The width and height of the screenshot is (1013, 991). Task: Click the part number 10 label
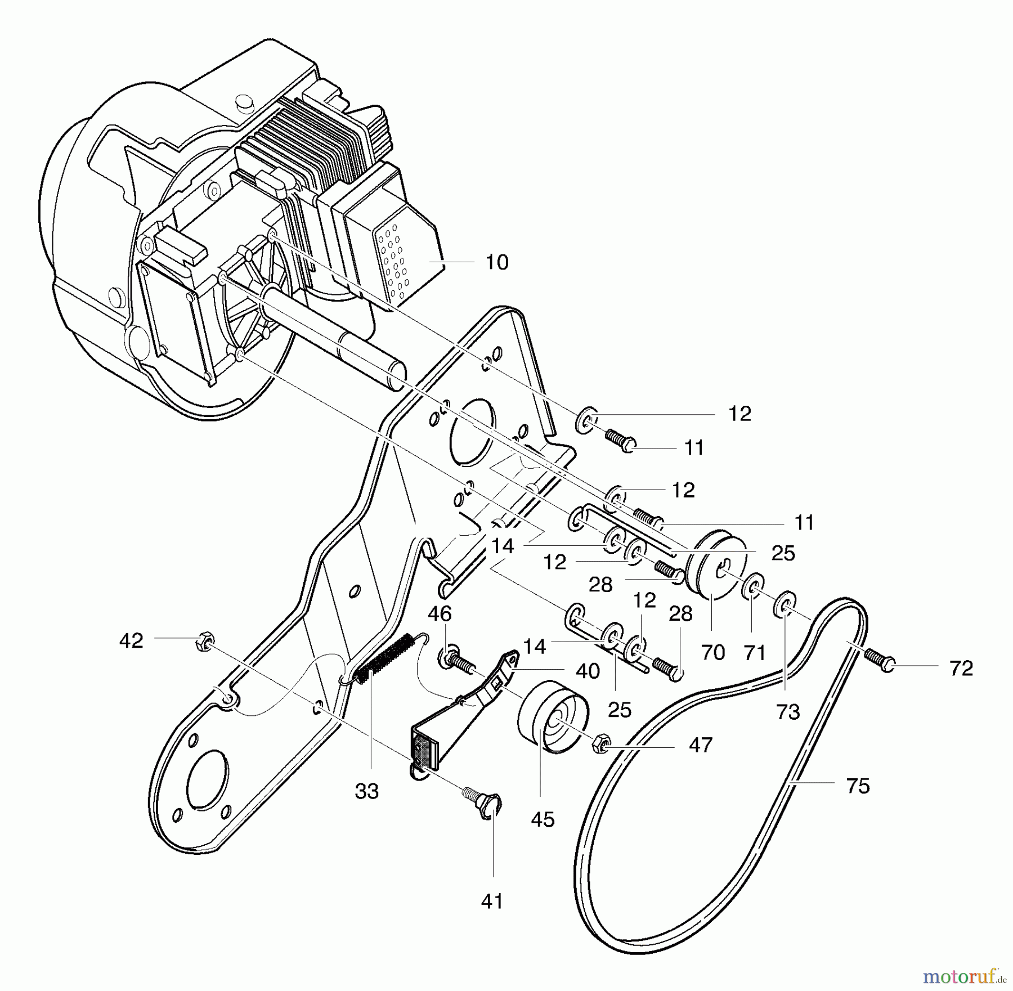[496, 262]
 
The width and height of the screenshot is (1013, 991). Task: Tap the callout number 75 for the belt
[858, 786]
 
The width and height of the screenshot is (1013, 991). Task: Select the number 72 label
[961, 668]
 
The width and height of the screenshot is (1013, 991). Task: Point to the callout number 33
[367, 791]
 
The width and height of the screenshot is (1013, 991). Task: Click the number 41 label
[492, 902]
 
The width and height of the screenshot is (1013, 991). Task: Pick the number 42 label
[131, 640]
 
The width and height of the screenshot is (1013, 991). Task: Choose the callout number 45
[543, 819]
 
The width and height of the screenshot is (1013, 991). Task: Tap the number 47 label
[701, 745]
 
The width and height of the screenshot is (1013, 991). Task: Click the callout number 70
[712, 653]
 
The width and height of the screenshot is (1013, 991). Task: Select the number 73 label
[787, 712]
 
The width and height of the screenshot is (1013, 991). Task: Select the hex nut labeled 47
[600, 743]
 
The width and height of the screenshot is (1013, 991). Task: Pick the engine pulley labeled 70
[718, 567]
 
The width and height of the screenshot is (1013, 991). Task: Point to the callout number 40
[588, 671]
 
